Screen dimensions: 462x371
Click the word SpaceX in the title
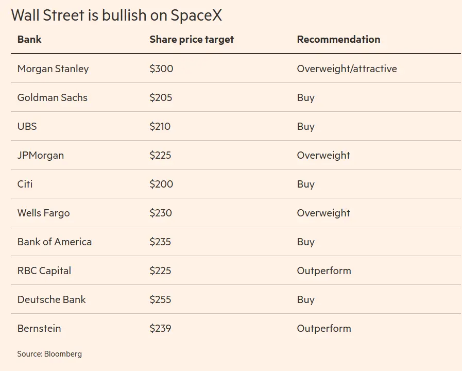coord(196,15)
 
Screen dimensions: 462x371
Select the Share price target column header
coord(192,40)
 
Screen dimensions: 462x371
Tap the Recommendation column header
coord(338,39)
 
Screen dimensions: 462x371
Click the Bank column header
coord(29,39)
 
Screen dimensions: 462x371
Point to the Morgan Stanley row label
coord(53,69)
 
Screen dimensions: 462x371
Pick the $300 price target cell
coord(161,69)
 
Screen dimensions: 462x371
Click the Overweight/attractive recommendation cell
coord(347,69)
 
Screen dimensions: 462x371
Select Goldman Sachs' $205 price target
coord(161,97)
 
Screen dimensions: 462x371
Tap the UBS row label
coord(27,126)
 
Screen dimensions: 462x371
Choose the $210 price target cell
coord(160,126)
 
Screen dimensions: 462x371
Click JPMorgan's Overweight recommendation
coord(323,156)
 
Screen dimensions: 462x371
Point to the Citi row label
coord(25,184)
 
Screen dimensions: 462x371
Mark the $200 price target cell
coord(161,184)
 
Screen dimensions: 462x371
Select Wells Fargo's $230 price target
coord(161,213)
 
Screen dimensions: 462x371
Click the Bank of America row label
coord(55,242)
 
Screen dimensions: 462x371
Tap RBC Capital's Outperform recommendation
coord(324,271)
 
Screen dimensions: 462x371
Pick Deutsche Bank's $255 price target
coord(160,299)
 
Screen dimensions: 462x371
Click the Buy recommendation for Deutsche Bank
coord(306,300)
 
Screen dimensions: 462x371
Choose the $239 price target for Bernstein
coord(160,328)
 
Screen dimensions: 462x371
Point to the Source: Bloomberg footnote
coord(49,354)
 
